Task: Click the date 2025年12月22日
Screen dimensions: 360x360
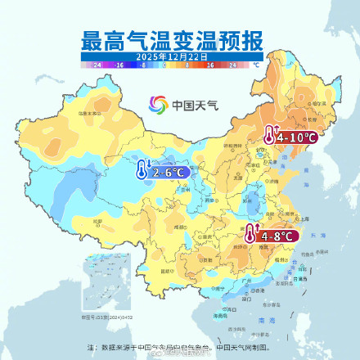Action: click(x=172, y=55)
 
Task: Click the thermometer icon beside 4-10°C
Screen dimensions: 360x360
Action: click(x=269, y=137)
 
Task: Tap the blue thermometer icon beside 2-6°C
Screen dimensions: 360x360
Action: click(x=142, y=173)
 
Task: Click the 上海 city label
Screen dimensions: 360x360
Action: click(x=305, y=219)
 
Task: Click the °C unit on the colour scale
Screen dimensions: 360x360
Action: click(x=255, y=63)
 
